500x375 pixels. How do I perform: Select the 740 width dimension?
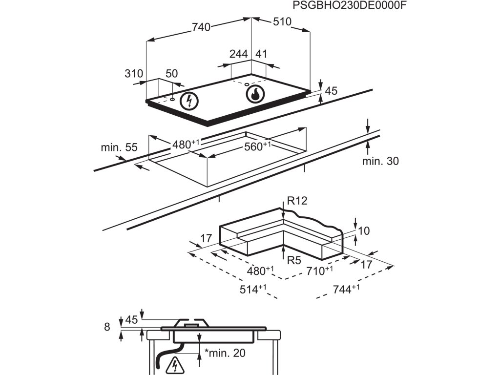tap(201, 27)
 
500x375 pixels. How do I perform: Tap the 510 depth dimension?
tap(281, 22)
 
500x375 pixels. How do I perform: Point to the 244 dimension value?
tap(238, 54)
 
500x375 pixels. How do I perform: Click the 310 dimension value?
tap(133, 74)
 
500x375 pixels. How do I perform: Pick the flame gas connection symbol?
tap(255, 94)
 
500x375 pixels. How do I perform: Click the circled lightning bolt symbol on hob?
tap(189, 101)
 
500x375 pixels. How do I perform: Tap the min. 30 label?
tap(380, 161)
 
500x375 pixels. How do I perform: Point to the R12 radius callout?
tap(297, 201)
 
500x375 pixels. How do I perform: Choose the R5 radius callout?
tap(294, 260)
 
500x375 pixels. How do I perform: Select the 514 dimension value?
tap(252, 290)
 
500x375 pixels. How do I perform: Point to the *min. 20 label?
tap(225, 353)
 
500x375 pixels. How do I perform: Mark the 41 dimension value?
tap(262, 54)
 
